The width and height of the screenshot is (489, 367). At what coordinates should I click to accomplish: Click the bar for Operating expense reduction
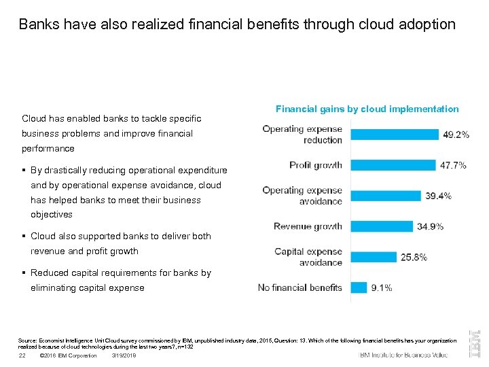(395, 135)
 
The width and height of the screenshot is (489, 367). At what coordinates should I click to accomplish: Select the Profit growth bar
(393, 165)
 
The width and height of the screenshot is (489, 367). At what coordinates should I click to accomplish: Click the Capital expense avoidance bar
(374, 257)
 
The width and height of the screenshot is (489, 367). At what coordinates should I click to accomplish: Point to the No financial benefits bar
(359, 287)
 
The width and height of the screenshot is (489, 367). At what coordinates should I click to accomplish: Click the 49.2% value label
(456, 135)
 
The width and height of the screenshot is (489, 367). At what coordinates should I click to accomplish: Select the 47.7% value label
(453, 165)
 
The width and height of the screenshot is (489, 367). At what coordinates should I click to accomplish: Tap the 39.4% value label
(438, 196)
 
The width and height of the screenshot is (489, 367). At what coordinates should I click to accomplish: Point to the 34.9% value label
(430, 226)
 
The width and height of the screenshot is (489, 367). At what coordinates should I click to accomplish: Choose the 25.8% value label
(414, 257)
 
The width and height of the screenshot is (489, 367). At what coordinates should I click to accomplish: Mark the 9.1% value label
(381, 287)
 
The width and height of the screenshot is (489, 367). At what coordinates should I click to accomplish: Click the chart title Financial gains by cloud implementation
(367, 109)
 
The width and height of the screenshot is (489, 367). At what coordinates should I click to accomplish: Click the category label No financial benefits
(300, 287)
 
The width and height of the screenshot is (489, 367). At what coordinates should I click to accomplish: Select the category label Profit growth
(316, 165)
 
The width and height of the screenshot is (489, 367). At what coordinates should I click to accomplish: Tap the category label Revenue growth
(308, 226)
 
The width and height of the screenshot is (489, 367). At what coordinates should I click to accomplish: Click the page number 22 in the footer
(22, 355)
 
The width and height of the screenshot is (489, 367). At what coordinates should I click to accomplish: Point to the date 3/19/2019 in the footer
(124, 355)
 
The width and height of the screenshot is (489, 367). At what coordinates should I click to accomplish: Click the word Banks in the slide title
(37, 24)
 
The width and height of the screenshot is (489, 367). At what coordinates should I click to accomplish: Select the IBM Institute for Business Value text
(403, 355)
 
